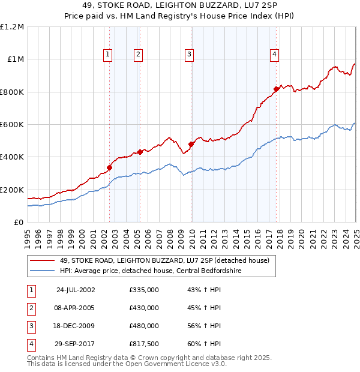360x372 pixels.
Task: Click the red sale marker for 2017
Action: tap(276, 89)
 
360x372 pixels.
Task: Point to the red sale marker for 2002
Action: tap(110, 167)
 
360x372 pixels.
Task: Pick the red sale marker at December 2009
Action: tap(191, 144)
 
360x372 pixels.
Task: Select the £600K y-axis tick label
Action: tap(12, 125)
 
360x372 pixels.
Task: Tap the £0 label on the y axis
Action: tap(18, 223)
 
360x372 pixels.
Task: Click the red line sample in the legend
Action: tap(42, 260)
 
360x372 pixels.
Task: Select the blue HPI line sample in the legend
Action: tap(42, 271)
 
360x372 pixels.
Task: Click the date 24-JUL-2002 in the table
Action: tap(76, 290)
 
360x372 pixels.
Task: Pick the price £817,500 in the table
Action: tap(144, 344)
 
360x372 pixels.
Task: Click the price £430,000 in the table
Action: tap(144, 308)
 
